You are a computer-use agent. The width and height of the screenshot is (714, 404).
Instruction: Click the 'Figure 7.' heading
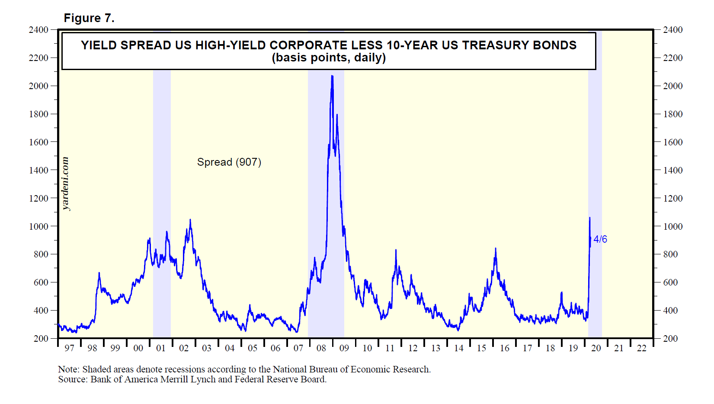[89, 18]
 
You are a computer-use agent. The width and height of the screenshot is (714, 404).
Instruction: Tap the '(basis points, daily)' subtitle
[329, 58]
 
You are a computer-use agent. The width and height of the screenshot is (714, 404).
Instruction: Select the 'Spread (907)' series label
[229, 162]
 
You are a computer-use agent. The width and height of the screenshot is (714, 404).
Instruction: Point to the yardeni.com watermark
[65, 183]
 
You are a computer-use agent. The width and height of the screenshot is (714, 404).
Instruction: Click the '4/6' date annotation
[600, 239]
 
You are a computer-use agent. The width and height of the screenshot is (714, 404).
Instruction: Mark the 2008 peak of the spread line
[332, 76]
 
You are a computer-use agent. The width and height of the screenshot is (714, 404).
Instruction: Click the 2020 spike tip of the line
[589, 218]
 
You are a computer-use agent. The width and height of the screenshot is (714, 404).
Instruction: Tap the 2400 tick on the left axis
[38, 30]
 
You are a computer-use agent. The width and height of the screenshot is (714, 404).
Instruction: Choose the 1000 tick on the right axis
[673, 226]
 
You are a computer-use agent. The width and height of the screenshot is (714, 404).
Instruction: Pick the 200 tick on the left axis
[41, 338]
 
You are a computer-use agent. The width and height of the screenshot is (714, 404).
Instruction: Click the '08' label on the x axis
[321, 348]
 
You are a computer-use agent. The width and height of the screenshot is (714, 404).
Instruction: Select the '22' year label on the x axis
[641, 348]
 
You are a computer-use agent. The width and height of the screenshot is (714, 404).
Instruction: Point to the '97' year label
[69, 348]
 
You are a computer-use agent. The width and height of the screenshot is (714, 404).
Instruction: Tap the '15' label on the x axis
[481, 348]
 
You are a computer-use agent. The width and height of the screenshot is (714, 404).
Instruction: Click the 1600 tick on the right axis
[673, 142]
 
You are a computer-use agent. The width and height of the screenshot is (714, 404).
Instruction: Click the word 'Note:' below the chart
[69, 369]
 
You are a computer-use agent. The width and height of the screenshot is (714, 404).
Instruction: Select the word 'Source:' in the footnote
[73, 379]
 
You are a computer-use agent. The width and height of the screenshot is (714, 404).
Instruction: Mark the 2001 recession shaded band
[162, 203]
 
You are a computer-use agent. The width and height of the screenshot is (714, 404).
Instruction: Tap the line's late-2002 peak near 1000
[190, 220]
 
